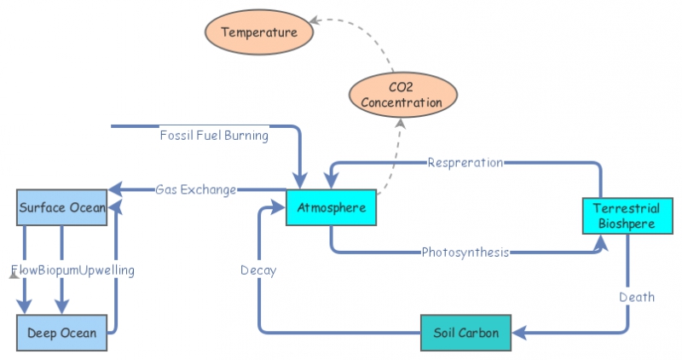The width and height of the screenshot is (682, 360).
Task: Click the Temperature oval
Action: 259,32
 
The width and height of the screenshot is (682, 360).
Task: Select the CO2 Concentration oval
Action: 402,95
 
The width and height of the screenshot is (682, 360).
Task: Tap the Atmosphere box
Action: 332,207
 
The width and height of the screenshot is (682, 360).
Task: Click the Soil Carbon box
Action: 466,332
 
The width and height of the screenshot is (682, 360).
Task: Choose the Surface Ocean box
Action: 62,207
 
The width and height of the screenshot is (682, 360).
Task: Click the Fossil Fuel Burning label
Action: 214,135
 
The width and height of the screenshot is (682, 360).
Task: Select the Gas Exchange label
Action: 195,189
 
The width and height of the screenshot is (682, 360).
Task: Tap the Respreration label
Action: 465,162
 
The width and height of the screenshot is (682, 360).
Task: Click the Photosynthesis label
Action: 465,253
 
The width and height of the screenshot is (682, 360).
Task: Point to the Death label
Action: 637,297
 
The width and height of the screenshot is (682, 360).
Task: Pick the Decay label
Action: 257,270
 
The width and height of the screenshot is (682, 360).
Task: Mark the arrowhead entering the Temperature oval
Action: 315,20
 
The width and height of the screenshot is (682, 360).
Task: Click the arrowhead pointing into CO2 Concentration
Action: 399,120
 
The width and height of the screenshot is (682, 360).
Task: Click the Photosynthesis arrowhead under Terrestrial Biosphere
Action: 601,241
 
